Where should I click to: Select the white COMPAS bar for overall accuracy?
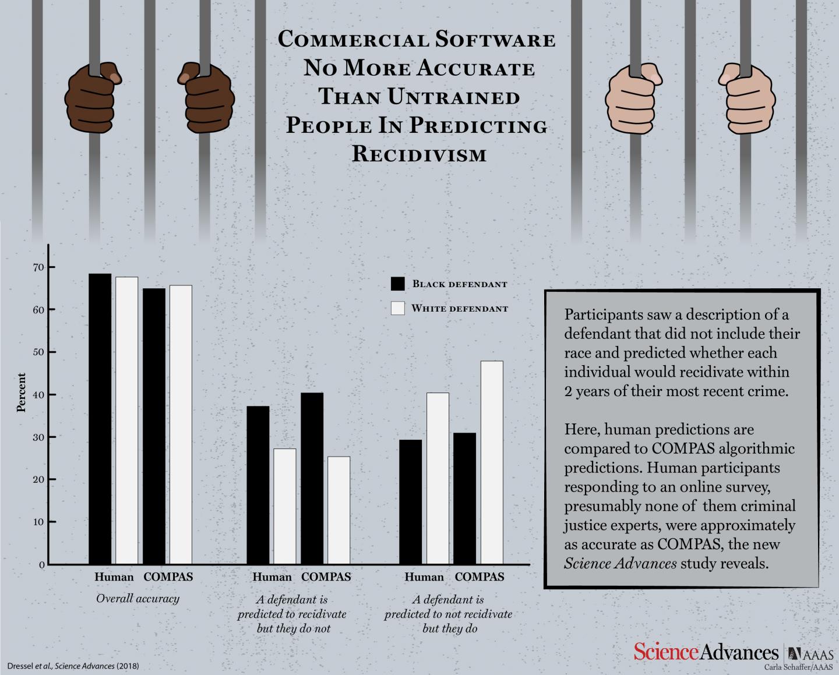[181, 425]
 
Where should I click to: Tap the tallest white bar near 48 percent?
[492, 462]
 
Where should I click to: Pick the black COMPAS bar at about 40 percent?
[312, 478]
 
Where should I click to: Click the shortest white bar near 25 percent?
[339, 510]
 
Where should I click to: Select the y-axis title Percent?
[22, 393]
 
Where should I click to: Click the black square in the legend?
[398, 284]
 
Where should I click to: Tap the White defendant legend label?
[460, 309]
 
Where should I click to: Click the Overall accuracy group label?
[138, 599]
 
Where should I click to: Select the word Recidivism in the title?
[419, 154]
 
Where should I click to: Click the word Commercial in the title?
[352, 40]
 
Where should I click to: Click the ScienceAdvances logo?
[706, 652]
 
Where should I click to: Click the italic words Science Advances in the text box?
[620, 564]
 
